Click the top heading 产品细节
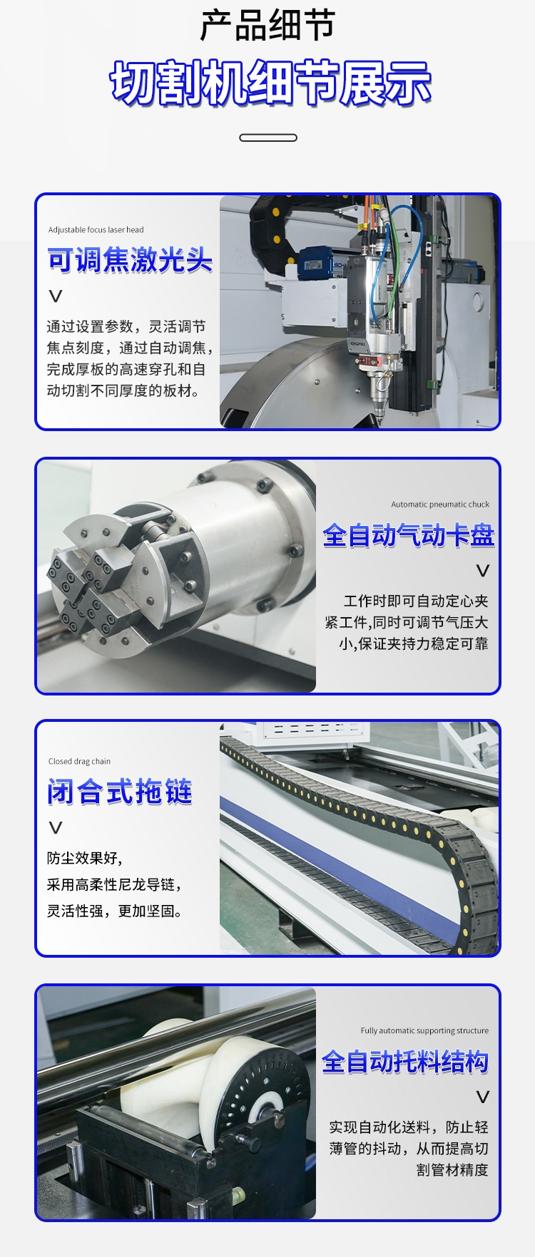click(x=267, y=26)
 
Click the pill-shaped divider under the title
click(x=268, y=138)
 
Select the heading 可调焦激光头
click(x=130, y=260)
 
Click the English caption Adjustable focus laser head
click(x=96, y=230)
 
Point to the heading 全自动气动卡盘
click(x=409, y=535)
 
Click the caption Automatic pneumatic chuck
click(x=440, y=505)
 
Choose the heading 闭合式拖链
click(x=120, y=792)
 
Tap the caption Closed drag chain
click(x=79, y=762)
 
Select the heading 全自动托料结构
click(x=405, y=1062)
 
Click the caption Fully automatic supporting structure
click(x=424, y=1031)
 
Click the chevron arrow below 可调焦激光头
click(x=56, y=296)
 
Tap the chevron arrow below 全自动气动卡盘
click(x=483, y=571)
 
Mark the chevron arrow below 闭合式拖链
click(x=56, y=828)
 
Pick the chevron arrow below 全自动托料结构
click(x=483, y=1097)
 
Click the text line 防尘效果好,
click(x=85, y=859)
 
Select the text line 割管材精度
click(x=453, y=1170)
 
